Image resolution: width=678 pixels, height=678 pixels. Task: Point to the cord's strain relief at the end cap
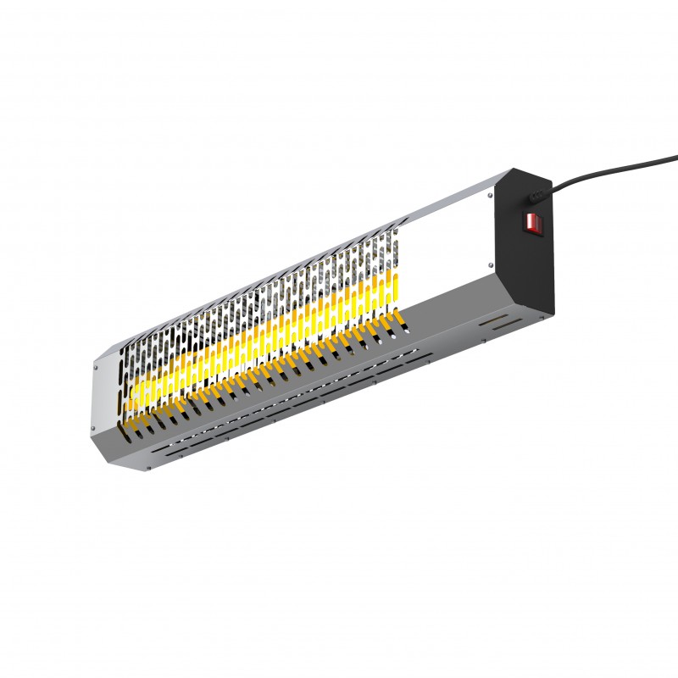pyautogui.click(x=536, y=197)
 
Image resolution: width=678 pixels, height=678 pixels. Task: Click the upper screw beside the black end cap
pyautogui.click(x=490, y=195)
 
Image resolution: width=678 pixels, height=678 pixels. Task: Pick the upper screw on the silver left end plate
pyautogui.click(x=97, y=367)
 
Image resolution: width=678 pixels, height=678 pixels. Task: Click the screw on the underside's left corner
pyautogui.click(x=148, y=464)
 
